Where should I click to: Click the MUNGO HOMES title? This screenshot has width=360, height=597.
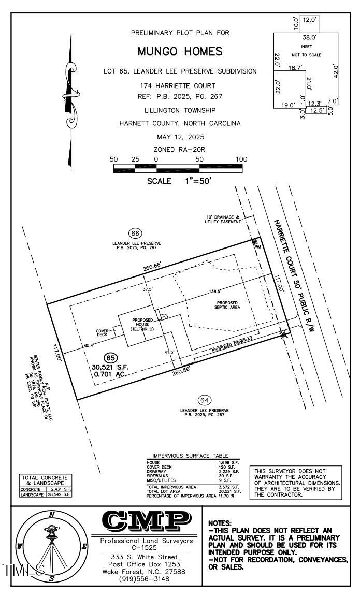point(180,52)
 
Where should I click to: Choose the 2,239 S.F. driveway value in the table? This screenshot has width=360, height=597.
point(228,471)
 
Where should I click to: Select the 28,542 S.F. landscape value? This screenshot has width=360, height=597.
point(60,494)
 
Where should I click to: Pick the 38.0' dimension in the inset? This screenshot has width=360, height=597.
point(310,37)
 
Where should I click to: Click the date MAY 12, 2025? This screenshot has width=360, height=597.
point(180,137)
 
